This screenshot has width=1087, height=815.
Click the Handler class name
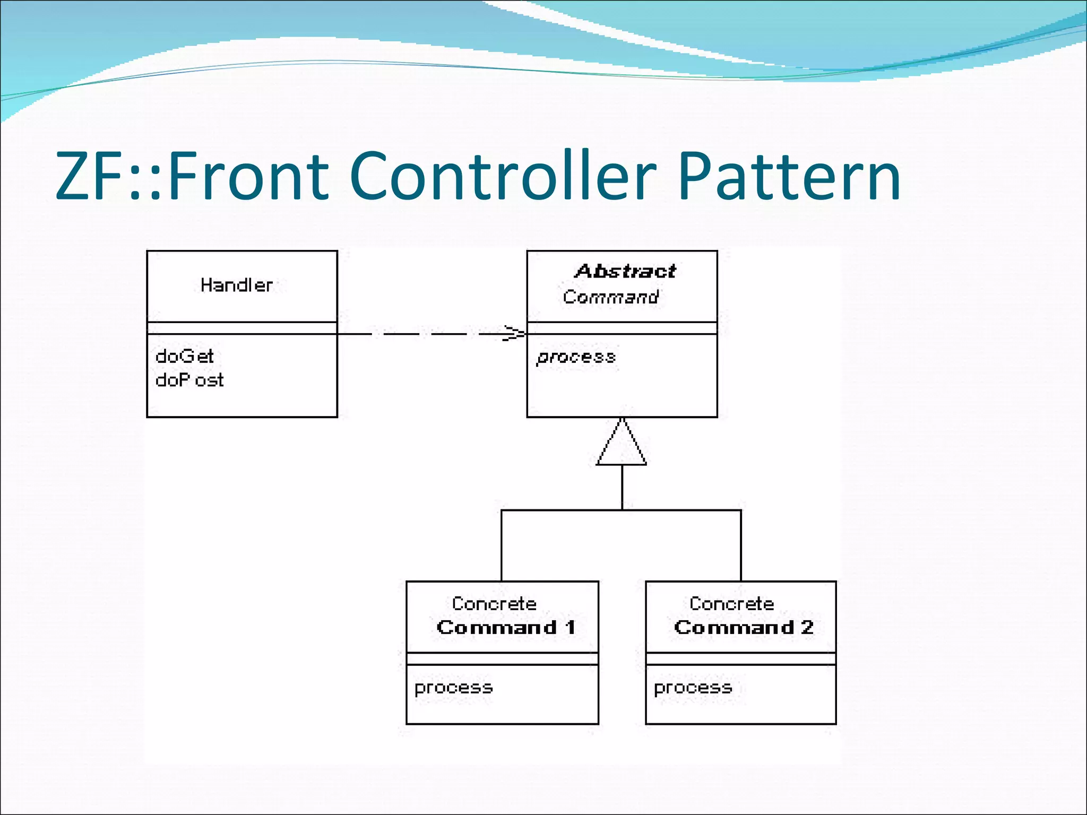[236, 285]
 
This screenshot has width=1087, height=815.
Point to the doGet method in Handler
[184, 356]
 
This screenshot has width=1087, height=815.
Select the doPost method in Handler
[189, 380]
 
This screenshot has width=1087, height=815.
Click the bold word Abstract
[625, 271]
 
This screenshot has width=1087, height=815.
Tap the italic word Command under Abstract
[610, 297]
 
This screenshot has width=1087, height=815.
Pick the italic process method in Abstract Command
[576, 357]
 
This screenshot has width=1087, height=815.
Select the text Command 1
[506, 627]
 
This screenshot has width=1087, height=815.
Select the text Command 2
[744, 627]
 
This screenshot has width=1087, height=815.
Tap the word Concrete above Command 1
[494, 603]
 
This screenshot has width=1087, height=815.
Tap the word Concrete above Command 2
[731, 603]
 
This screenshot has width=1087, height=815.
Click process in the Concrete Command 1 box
[453, 688]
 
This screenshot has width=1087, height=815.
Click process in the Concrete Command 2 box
[693, 688]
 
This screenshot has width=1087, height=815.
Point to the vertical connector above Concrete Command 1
[502, 547]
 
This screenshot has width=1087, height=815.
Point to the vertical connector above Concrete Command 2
[741, 547]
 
